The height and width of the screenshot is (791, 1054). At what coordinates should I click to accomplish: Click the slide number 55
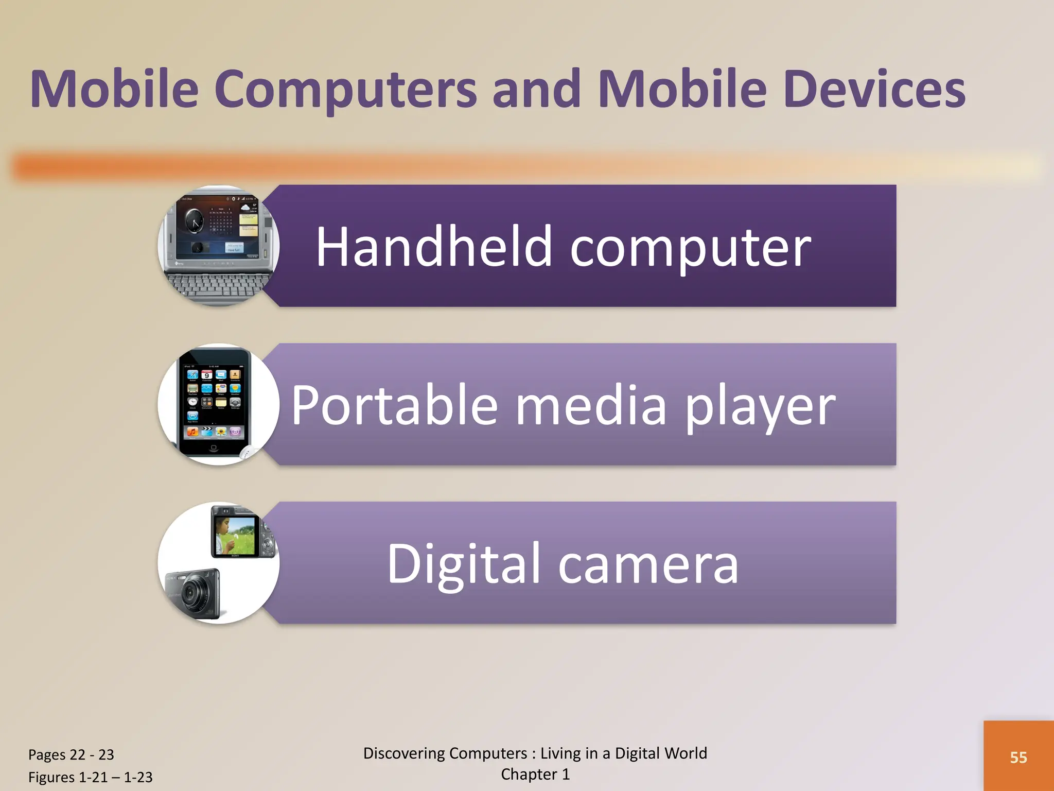pos(1018,758)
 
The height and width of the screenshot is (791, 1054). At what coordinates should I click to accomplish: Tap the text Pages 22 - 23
pos(71,754)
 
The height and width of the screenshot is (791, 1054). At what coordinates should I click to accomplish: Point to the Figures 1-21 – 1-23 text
pos(90,777)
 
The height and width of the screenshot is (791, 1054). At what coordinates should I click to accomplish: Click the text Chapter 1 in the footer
pos(535,775)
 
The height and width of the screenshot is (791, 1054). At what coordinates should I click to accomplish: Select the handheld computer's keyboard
pos(219,286)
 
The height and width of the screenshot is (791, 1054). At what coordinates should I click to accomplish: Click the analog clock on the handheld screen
pos(194,221)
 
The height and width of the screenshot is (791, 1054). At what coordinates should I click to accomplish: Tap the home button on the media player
pos(214,448)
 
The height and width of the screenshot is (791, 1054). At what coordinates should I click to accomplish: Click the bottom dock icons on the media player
pos(214,432)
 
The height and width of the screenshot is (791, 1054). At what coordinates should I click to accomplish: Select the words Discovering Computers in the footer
pos(445,753)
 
